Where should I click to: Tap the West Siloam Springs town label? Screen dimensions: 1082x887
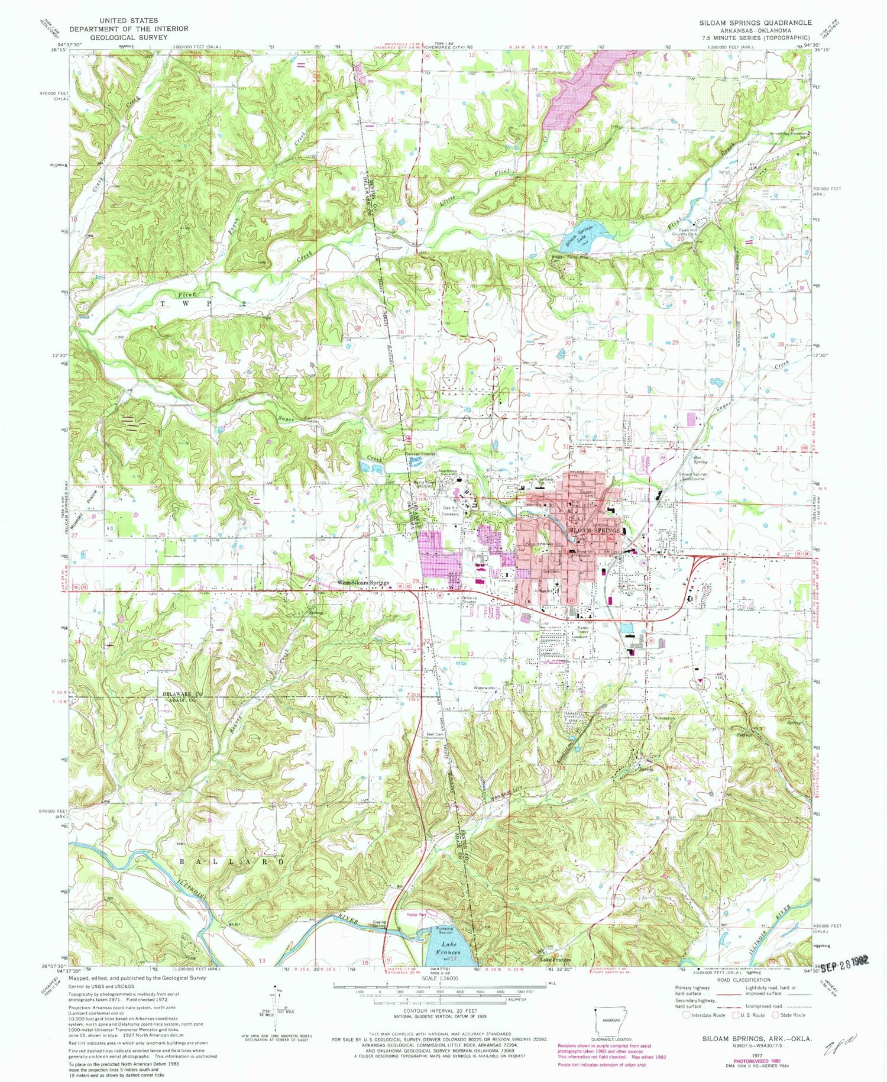click(x=363, y=583)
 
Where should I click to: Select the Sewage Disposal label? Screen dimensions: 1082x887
click(x=421, y=454)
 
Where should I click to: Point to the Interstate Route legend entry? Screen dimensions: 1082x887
click(x=704, y=1015)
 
